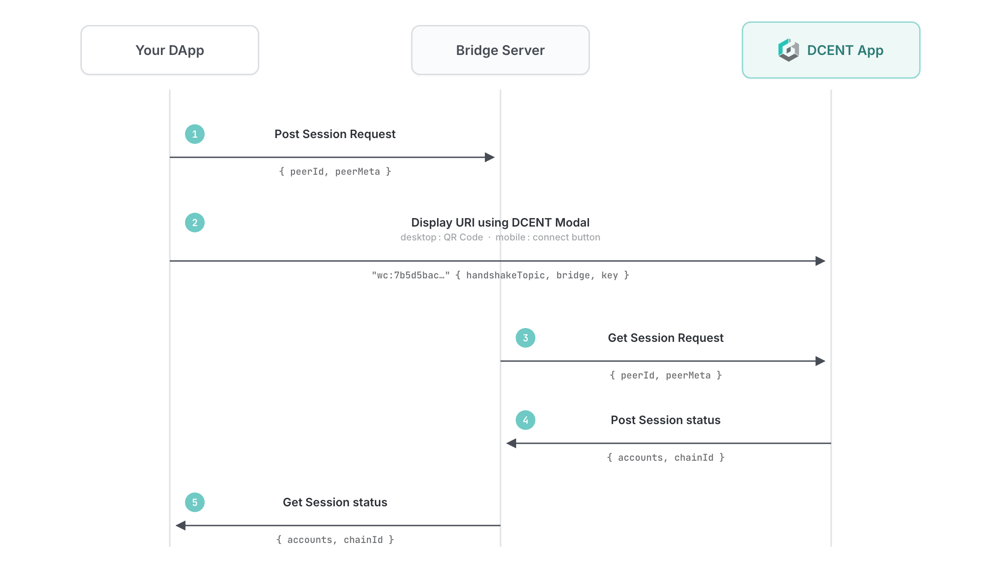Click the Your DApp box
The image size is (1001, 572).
(170, 50)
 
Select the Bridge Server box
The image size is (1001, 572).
(500, 50)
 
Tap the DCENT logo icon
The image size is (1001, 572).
(789, 50)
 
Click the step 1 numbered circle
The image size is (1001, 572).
(195, 134)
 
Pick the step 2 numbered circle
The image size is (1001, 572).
(195, 223)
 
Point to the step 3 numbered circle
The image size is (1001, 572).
(526, 338)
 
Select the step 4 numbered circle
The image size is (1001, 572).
(526, 420)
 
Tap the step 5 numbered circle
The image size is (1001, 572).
(195, 502)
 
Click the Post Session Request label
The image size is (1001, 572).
(335, 134)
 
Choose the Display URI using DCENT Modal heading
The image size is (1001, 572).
(500, 223)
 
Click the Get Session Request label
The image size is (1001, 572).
(666, 338)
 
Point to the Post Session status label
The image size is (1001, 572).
(666, 420)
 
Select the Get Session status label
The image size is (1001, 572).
(335, 502)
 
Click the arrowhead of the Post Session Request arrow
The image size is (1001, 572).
(490, 157)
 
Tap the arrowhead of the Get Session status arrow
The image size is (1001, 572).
(181, 526)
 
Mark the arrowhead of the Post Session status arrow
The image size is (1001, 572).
(511, 443)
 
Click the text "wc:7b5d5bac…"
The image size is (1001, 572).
(411, 275)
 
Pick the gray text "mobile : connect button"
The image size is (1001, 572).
(548, 237)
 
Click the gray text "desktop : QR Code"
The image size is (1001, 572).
(442, 237)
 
